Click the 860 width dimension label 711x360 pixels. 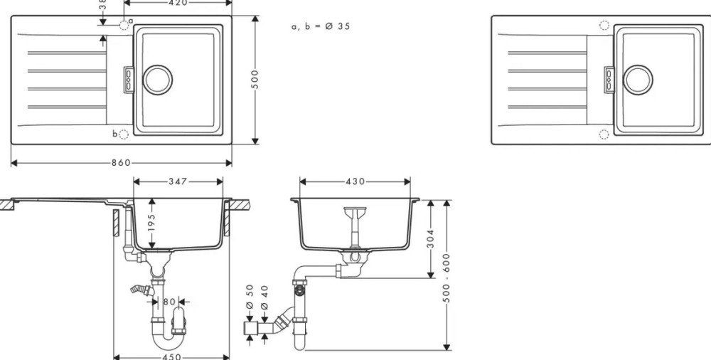(121, 163)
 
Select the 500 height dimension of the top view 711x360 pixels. (255, 80)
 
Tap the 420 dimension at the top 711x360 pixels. (177, 3)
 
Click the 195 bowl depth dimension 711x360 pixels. (151, 223)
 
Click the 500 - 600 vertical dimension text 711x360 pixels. (447, 277)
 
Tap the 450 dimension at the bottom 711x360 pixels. (172, 356)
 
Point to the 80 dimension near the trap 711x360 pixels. (168, 301)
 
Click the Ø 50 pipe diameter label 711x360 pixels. (250, 297)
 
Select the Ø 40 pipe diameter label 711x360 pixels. (265, 297)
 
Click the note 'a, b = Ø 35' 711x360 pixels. (320, 26)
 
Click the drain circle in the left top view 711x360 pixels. (158, 78)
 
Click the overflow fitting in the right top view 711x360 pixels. (609, 78)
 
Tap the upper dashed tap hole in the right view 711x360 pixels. (604, 25)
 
